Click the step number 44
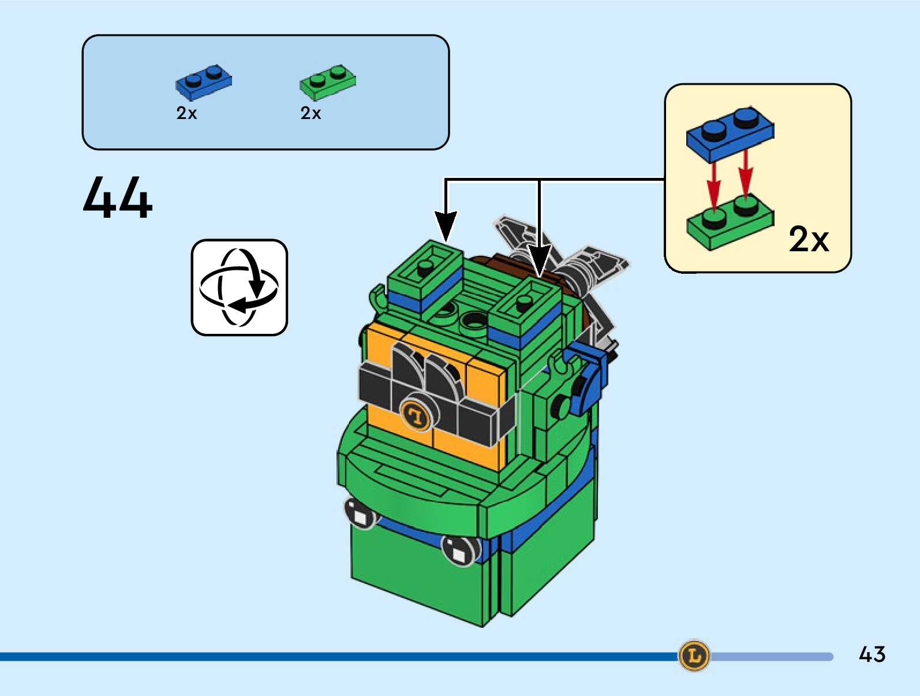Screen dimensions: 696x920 click(x=118, y=198)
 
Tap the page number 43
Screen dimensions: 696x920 click(x=872, y=654)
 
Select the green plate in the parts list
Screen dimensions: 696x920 click(x=327, y=82)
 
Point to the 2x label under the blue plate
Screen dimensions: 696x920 click(x=186, y=114)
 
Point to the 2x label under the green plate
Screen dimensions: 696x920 click(x=311, y=114)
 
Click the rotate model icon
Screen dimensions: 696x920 click(x=240, y=287)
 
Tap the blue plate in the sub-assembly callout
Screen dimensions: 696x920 click(x=730, y=134)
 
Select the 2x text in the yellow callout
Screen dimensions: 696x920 click(x=809, y=239)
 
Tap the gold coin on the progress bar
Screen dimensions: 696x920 click(x=694, y=656)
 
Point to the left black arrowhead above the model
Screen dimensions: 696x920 click(x=446, y=225)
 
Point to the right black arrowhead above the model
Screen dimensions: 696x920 click(x=539, y=260)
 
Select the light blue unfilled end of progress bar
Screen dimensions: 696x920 click(x=773, y=657)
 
